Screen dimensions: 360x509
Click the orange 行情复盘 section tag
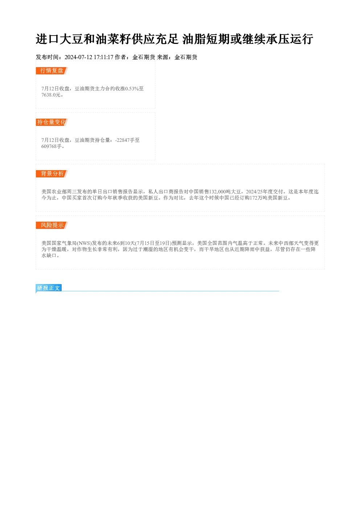pyautogui.click(x=52, y=71)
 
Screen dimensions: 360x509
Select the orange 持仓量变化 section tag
pyautogui.click(x=52, y=122)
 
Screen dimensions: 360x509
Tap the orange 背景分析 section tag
pyautogui.click(x=52, y=174)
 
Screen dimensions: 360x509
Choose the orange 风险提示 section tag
pyautogui.click(x=52, y=225)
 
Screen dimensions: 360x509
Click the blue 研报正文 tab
pyautogui.click(x=49, y=288)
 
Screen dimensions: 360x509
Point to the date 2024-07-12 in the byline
pyautogui.click(x=78, y=57)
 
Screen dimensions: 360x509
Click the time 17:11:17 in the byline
pyautogui.click(x=103, y=57)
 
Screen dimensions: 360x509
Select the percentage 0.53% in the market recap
pyautogui.click(x=132, y=89)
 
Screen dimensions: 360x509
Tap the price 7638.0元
pyautogui.click(x=51, y=95)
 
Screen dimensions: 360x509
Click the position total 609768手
pyautogui.click(x=52, y=146)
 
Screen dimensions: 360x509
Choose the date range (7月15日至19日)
pyautogui.click(x=154, y=243)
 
